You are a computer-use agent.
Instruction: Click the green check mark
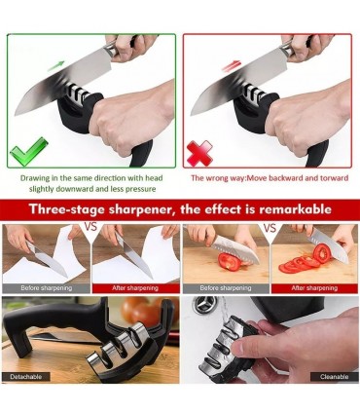click(x=28, y=153)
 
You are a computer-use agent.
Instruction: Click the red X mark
click(x=200, y=153)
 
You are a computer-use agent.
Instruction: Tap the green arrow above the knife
click(x=56, y=65)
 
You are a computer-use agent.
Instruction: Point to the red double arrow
click(x=232, y=65)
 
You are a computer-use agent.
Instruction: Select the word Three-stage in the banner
click(x=66, y=209)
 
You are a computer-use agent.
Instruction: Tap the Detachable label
click(x=26, y=377)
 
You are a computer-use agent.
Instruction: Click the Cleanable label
click(x=334, y=377)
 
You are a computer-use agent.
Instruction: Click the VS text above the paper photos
click(x=90, y=226)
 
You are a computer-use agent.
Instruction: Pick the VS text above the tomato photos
click(x=270, y=227)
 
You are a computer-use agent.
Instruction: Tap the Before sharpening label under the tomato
click(x=226, y=288)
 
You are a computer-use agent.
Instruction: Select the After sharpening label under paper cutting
click(x=135, y=288)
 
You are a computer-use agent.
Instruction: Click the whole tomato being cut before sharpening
click(x=230, y=262)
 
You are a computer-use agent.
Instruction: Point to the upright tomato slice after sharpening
click(x=322, y=253)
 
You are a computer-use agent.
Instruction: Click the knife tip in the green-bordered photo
click(x=16, y=114)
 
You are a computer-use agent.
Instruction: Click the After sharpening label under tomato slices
click(x=314, y=288)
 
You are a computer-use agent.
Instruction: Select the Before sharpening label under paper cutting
click(x=47, y=288)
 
